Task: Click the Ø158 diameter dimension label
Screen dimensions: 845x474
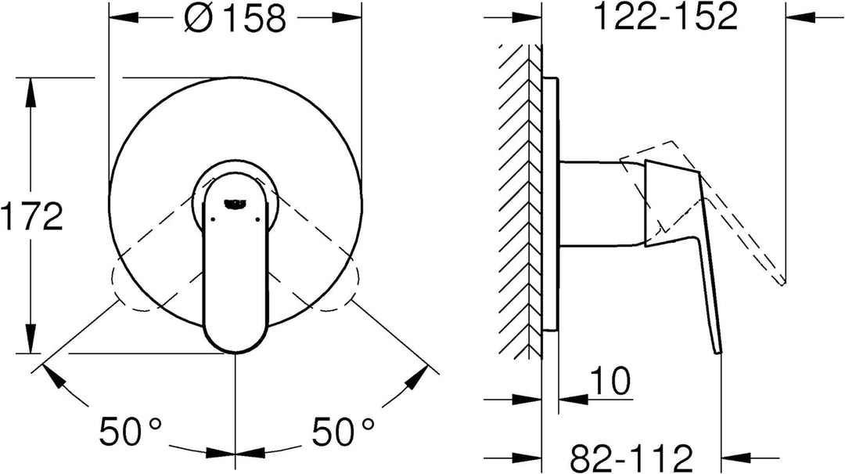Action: point(234,18)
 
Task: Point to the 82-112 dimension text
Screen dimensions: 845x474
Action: point(631,458)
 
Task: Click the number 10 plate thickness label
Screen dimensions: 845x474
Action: point(610,381)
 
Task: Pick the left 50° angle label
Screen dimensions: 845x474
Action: point(130,431)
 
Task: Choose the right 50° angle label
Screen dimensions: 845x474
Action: point(343,431)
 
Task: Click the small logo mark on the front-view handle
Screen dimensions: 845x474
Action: point(236,203)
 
